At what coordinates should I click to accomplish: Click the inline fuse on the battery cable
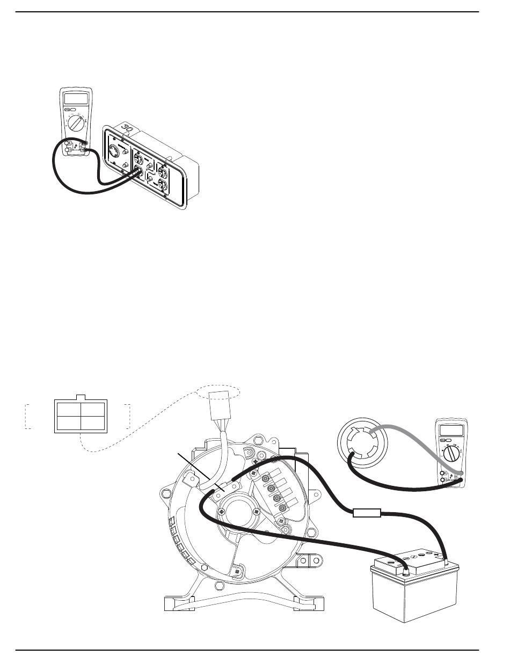click(x=367, y=514)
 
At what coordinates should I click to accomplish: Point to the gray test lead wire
click(x=408, y=440)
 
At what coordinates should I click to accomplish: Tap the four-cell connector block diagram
click(x=81, y=414)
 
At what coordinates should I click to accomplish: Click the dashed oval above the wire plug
click(x=218, y=391)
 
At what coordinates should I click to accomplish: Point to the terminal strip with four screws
click(x=276, y=490)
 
